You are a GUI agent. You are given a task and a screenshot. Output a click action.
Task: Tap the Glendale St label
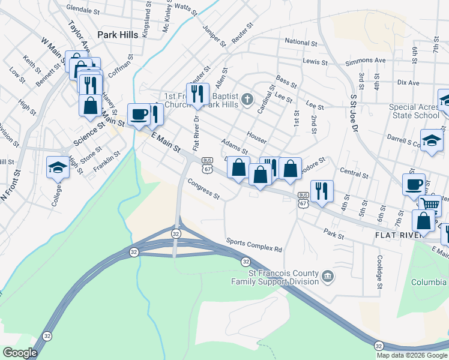click(82, 10)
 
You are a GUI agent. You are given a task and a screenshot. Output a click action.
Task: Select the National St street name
click(301, 43)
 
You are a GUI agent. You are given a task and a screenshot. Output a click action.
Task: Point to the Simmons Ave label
click(365, 61)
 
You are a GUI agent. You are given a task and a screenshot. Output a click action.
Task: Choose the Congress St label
click(203, 189)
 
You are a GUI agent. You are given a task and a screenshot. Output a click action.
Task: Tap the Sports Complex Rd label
click(254, 245)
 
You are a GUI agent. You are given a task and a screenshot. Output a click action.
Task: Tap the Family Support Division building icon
click(328, 276)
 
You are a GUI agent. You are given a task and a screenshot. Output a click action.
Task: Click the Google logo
click(19, 353)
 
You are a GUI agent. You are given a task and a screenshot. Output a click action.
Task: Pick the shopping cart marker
click(430, 203)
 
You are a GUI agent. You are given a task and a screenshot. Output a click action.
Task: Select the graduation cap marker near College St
click(58, 167)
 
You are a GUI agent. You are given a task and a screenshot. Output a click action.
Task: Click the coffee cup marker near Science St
click(139, 114)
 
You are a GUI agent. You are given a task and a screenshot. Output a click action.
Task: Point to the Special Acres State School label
click(414, 111)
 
